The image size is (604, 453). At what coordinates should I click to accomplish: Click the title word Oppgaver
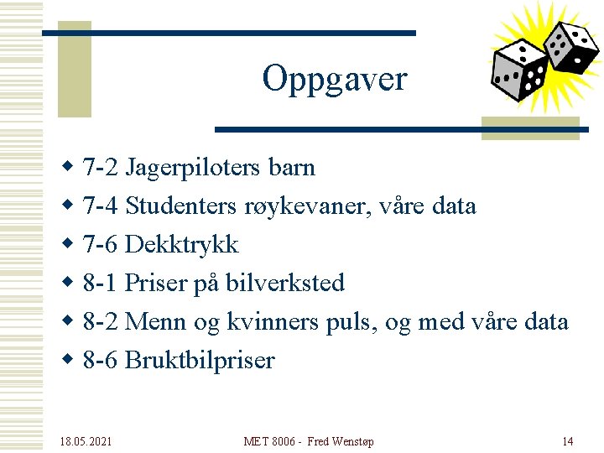pos(334,79)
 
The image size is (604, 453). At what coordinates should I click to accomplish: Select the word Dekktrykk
pos(181,245)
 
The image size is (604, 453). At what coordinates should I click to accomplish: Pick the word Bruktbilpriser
pos(200,361)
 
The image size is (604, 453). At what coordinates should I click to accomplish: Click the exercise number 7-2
pos(101,168)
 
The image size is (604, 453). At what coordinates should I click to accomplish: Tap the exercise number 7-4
pos(101,206)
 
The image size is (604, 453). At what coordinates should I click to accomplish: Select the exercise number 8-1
pos(101,284)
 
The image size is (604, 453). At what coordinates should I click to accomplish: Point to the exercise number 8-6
pos(101,361)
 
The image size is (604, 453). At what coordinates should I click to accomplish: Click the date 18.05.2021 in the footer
pos(86,441)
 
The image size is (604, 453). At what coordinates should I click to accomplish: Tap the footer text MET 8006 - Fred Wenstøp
pos(309,441)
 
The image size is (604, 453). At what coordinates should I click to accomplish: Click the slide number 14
pos(567,441)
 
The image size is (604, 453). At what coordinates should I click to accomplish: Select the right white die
pos(570,45)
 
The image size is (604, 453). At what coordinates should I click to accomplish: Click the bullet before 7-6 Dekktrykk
pos(70,245)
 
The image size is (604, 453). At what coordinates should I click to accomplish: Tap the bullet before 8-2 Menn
pos(70,322)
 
